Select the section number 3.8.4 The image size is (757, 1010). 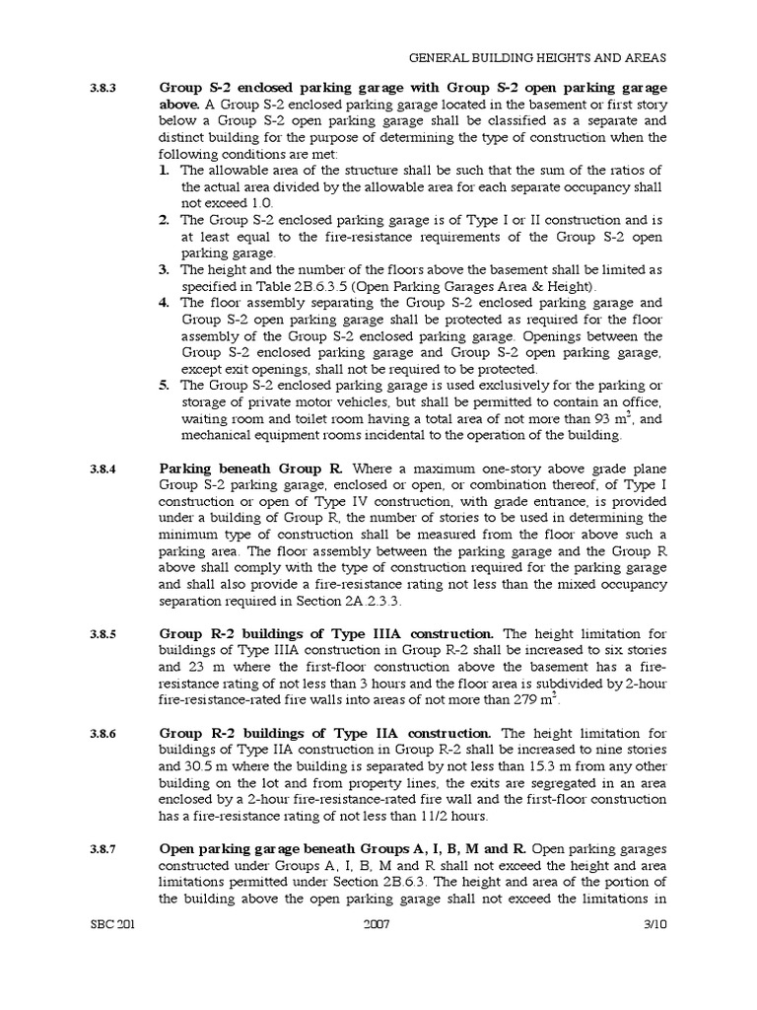coord(103,469)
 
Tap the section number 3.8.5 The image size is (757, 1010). coord(103,634)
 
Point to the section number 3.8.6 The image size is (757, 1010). coord(103,735)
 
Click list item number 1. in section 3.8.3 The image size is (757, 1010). coord(166,171)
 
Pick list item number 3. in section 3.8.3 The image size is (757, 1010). coord(166,269)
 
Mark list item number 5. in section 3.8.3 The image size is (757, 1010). coord(166,385)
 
